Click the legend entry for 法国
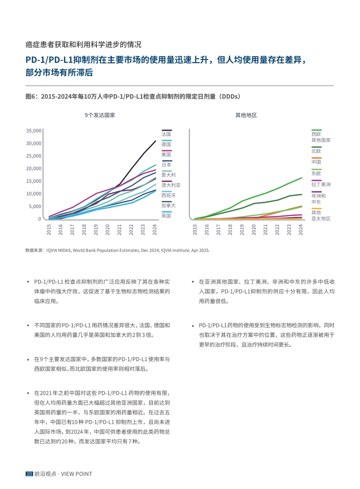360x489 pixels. click(166, 134)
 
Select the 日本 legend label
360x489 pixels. click(166, 165)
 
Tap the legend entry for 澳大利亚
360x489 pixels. click(170, 185)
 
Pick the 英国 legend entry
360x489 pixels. click(166, 215)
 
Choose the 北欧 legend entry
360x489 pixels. click(316, 151)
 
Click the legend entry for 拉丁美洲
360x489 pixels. click(321, 184)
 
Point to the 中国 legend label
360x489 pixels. click(316, 162)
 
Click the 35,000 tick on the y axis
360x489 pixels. click(33, 131)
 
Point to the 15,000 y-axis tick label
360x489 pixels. click(33, 181)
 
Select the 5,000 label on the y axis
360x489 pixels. click(34, 206)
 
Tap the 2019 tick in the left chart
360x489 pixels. click(96, 230)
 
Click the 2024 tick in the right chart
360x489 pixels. click(301, 230)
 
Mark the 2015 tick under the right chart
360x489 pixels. click(195, 230)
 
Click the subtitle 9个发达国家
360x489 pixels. click(100, 115)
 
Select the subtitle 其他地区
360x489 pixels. click(246, 115)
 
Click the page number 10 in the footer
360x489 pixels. click(29, 474)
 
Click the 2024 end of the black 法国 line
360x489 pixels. click(156, 141)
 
